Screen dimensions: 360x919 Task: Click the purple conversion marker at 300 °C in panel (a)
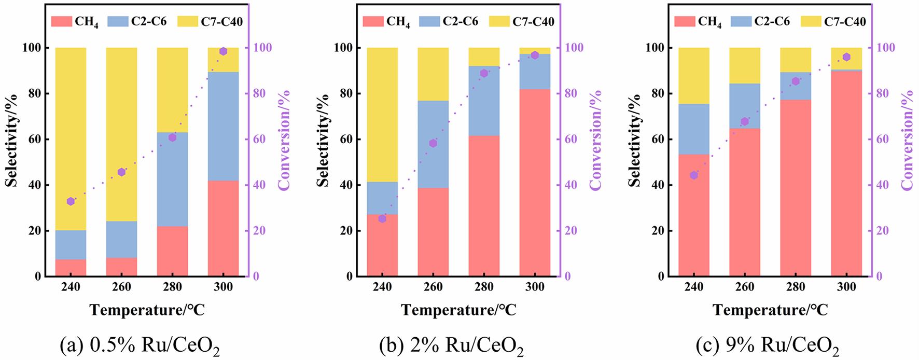tap(224, 51)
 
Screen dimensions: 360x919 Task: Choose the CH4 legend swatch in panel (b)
tap(372, 21)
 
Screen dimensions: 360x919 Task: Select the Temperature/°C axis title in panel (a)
tap(147, 310)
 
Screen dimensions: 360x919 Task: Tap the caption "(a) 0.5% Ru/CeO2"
tap(140, 345)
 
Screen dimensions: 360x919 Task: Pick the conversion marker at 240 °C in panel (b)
tap(382, 219)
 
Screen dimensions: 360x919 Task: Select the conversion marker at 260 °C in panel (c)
tap(745, 121)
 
